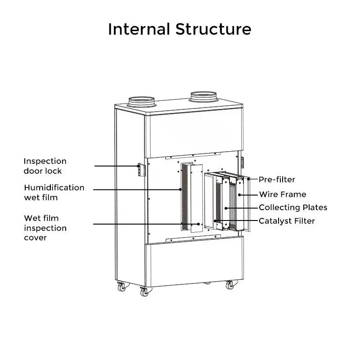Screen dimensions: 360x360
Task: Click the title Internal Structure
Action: pos(180,29)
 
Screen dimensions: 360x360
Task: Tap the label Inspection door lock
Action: pos(45,166)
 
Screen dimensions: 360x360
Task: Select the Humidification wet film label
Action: pos(54,193)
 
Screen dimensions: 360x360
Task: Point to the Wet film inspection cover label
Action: pos(45,228)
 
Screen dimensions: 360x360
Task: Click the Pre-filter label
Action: pos(277,180)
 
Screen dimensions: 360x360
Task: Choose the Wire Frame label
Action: pos(283,194)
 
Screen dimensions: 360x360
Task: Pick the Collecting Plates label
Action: pos(293,207)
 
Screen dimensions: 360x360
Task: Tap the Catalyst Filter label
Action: pos(287,221)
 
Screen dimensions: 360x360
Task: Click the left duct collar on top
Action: pos(141,102)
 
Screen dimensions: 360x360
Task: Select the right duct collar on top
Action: pos(203,97)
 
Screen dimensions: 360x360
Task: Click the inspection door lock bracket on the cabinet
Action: pos(142,170)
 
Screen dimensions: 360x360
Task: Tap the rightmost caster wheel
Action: pos(230,285)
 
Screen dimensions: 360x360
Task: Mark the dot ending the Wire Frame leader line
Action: pos(239,195)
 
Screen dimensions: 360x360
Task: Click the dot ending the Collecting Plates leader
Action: pos(226,208)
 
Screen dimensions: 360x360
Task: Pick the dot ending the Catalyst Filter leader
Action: pos(215,221)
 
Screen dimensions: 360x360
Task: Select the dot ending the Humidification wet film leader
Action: pos(180,189)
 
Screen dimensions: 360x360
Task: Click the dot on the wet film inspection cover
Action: pos(198,224)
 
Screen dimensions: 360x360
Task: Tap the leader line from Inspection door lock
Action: pos(117,166)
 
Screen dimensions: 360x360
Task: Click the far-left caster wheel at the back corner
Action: pos(121,287)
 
